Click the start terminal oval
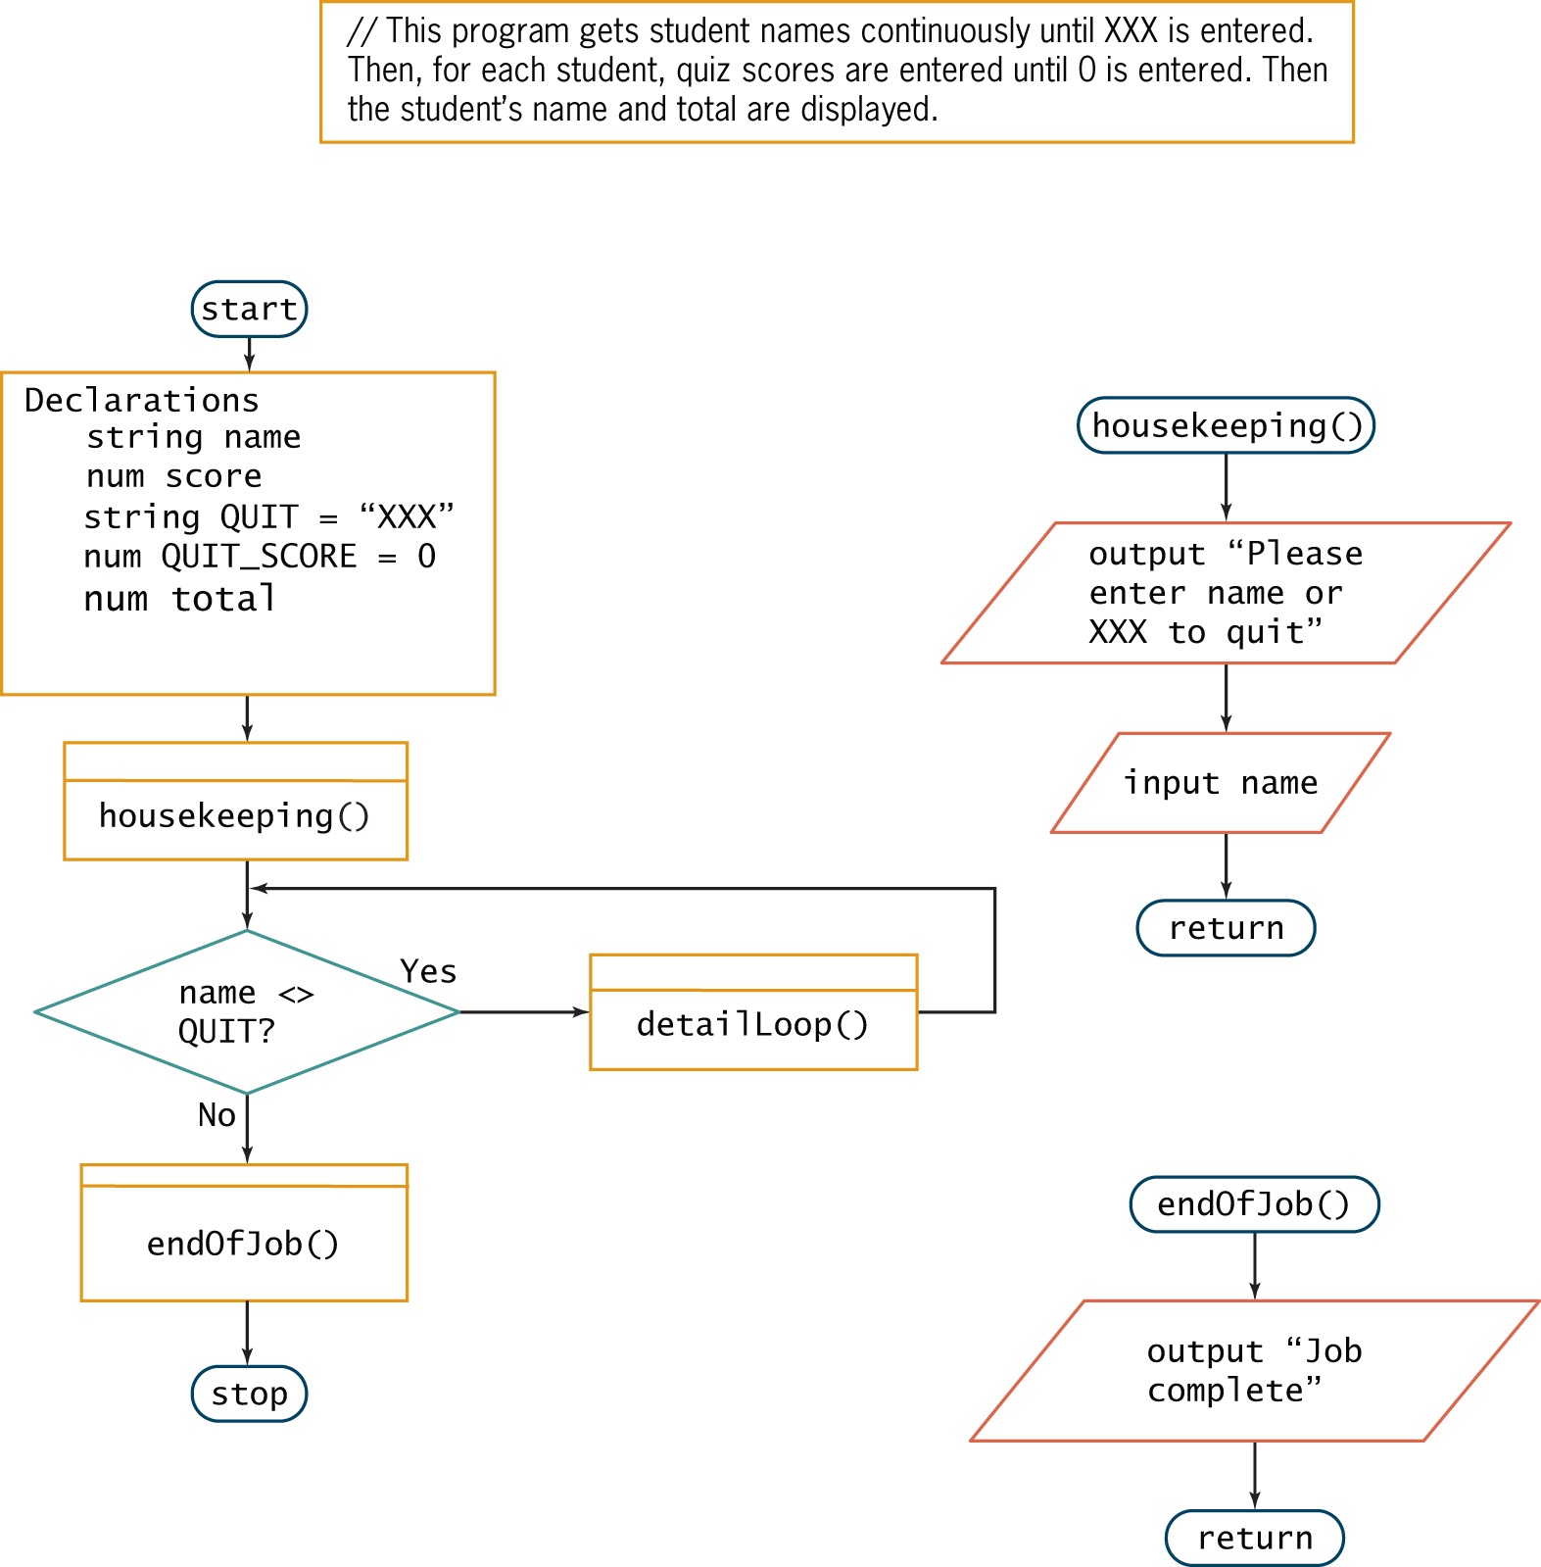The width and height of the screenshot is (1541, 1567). tap(249, 310)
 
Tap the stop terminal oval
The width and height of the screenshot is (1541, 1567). tap(249, 1394)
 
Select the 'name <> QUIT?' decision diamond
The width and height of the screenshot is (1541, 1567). tap(246, 1012)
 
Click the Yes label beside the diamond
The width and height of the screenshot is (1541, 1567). tap(428, 971)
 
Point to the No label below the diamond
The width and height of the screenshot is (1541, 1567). tap(217, 1115)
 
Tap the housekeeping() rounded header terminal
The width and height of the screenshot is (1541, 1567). tap(1226, 425)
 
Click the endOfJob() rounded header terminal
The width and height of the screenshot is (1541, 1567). tap(1254, 1204)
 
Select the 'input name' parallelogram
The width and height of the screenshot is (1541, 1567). tap(1221, 783)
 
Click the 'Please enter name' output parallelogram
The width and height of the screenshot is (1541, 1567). tap(1225, 593)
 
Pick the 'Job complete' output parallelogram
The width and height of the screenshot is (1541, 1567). tap(1254, 1370)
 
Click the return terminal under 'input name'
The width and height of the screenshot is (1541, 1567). tap(1226, 927)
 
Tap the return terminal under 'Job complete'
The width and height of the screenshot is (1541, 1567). tap(1254, 1538)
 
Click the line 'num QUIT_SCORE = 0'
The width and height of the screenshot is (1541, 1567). tap(260, 557)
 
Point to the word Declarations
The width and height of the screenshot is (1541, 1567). tap(142, 400)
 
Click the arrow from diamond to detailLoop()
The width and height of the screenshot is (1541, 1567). tap(524, 1012)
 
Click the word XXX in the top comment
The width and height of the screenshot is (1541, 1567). tap(1131, 31)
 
